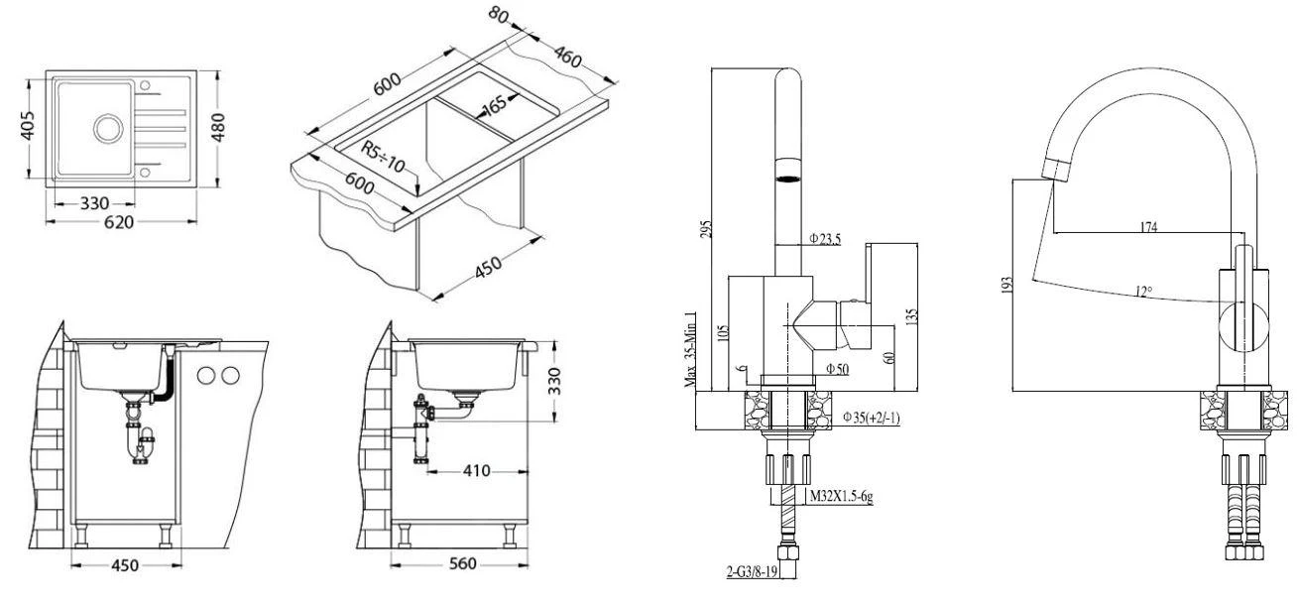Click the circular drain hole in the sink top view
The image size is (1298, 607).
[x=108, y=128]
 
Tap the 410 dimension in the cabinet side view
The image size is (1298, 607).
[x=477, y=471]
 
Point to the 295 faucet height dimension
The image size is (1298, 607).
[x=705, y=229]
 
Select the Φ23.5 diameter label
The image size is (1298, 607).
[x=824, y=238]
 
